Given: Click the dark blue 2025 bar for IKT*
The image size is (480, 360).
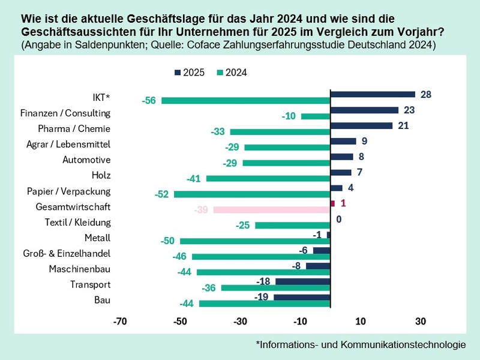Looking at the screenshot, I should click(x=373, y=94).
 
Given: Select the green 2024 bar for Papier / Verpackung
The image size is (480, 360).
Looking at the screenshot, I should click(x=252, y=194).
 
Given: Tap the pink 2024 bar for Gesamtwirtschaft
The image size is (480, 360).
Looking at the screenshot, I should click(x=272, y=210).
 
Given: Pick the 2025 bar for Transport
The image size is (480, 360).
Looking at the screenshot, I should click(x=302, y=281).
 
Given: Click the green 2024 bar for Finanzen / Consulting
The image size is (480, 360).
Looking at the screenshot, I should click(x=316, y=116).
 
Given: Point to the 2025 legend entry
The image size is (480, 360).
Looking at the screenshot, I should click(x=189, y=73).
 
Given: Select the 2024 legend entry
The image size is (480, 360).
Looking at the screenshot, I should click(x=232, y=73).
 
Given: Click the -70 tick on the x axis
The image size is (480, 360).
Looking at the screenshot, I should click(x=120, y=322).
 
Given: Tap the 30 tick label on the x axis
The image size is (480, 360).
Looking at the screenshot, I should click(x=420, y=322).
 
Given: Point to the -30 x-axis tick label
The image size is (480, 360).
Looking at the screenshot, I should click(x=240, y=322).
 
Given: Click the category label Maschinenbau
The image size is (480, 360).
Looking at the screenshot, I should click(x=79, y=269).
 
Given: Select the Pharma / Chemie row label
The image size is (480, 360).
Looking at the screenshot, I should click(x=74, y=128).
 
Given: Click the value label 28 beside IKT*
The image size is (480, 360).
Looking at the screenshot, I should click(x=426, y=94).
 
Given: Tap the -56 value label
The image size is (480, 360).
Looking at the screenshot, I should click(x=149, y=101).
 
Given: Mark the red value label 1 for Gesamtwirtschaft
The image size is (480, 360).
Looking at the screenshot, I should click(x=343, y=203).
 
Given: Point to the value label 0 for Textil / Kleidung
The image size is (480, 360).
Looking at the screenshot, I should click(x=338, y=219).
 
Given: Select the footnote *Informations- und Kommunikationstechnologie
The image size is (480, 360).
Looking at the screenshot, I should click(x=361, y=344).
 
